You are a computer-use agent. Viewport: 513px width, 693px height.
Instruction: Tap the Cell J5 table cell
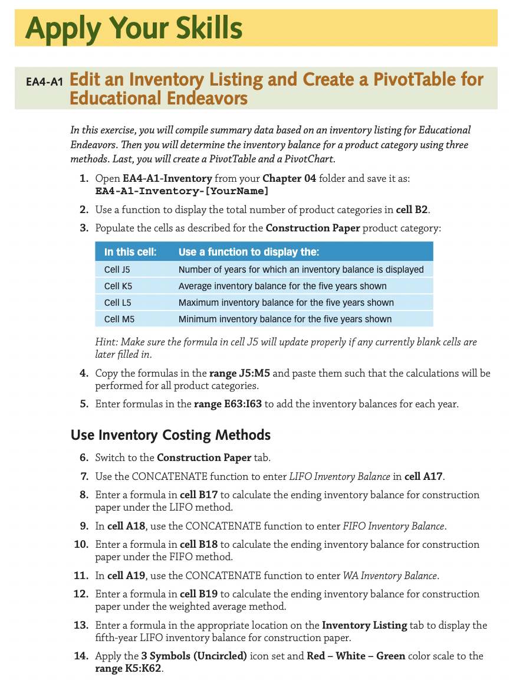click(117, 270)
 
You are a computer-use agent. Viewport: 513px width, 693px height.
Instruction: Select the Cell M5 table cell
click(119, 319)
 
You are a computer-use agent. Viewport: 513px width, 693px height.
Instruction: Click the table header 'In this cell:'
click(130, 252)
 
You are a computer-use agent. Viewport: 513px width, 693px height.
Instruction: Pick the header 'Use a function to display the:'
click(248, 252)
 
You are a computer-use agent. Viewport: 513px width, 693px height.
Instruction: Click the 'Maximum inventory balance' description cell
click(286, 303)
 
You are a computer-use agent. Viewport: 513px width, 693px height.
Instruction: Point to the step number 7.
click(84, 476)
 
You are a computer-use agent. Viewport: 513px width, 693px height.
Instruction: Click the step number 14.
click(81, 656)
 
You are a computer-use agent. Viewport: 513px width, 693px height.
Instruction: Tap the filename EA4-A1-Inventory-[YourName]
click(182, 191)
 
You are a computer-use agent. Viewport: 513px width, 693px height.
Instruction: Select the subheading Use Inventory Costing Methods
click(170, 436)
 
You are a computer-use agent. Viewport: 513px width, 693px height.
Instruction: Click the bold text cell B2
click(411, 210)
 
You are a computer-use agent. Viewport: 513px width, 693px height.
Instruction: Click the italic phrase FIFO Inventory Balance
click(394, 526)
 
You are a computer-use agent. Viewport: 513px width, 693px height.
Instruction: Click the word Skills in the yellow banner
click(202, 28)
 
